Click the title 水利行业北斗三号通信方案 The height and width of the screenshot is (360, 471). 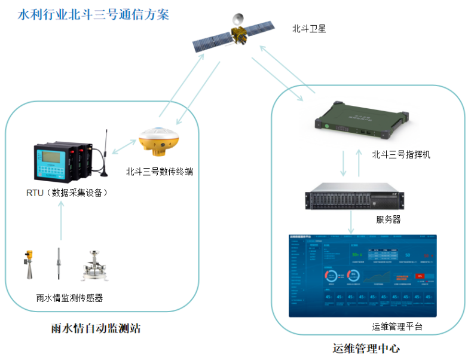pyautogui.click(x=93, y=14)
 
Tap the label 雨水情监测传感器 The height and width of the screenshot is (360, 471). pyautogui.click(x=65, y=297)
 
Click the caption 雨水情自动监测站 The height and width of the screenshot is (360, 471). pyautogui.click(x=96, y=328)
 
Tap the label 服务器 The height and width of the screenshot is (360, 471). pyautogui.click(x=388, y=219)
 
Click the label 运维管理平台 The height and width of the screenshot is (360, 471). pyautogui.click(x=397, y=327)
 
